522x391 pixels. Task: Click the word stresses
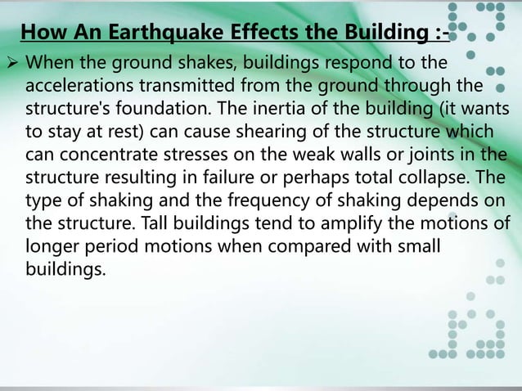[188, 155]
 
